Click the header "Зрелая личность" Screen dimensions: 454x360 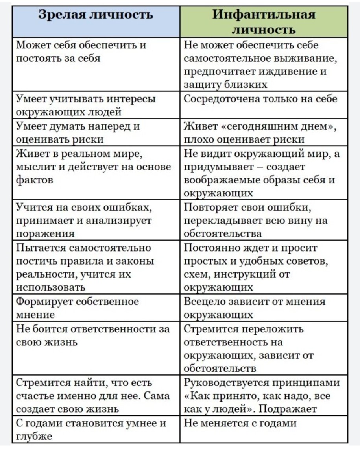pyautogui.click(x=96, y=15)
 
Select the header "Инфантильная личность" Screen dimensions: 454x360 pyautogui.click(x=264, y=22)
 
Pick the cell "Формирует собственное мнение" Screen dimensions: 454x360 pyautogui.click(x=77, y=308)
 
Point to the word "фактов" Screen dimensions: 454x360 pyautogui.click(x=34, y=180)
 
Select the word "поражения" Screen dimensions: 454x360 pyautogui.click(x=45, y=233)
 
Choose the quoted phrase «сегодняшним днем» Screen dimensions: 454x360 pyautogui.click(x=278, y=127)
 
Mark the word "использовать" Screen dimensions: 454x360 pyautogui.click(x=50, y=287)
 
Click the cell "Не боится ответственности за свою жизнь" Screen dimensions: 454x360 pyautogui.click(x=92, y=335)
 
